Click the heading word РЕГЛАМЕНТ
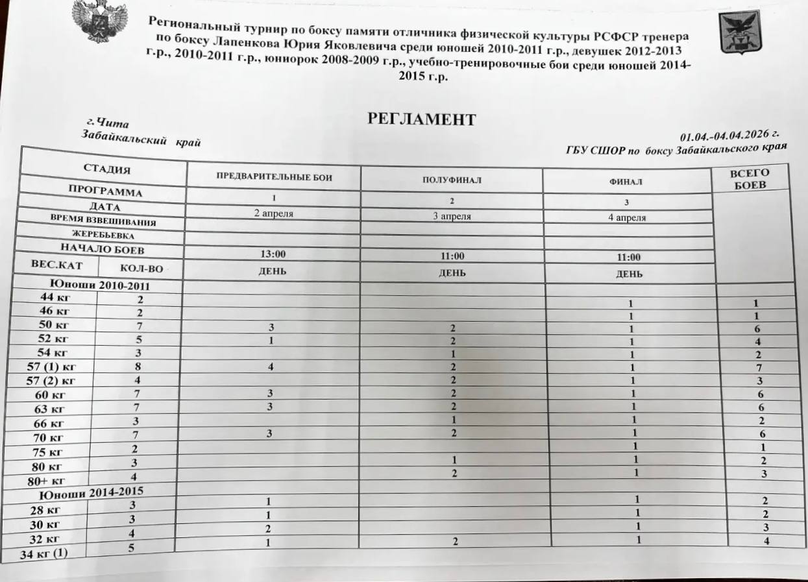(x=422, y=119)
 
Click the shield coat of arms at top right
(x=740, y=32)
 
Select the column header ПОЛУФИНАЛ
(x=452, y=180)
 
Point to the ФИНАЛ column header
(x=627, y=183)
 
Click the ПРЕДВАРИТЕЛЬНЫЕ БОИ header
(x=273, y=176)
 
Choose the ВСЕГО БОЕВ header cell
(x=750, y=178)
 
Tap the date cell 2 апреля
(x=273, y=212)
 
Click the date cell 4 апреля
(x=627, y=218)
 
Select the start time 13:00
(x=273, y=254)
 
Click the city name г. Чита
(x=108, y=123)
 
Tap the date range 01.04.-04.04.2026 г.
(x=729, y=136)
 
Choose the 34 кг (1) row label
(x=45, y=553)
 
